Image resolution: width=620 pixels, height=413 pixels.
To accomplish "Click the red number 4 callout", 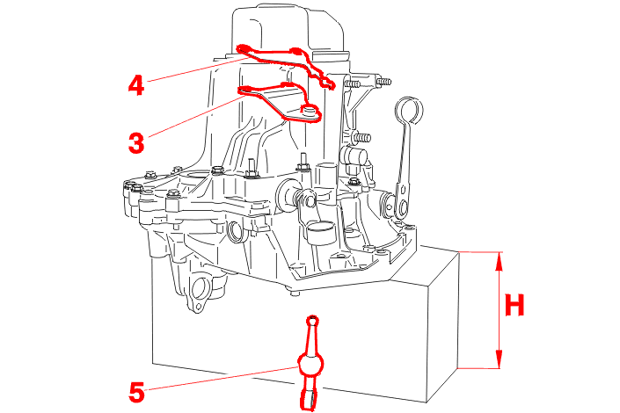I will [135, 84].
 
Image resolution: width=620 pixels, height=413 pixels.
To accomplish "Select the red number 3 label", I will [135, 142].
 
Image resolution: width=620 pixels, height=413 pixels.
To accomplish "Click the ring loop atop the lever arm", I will [405, 111].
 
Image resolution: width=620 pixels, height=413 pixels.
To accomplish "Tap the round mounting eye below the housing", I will [200, 293].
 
